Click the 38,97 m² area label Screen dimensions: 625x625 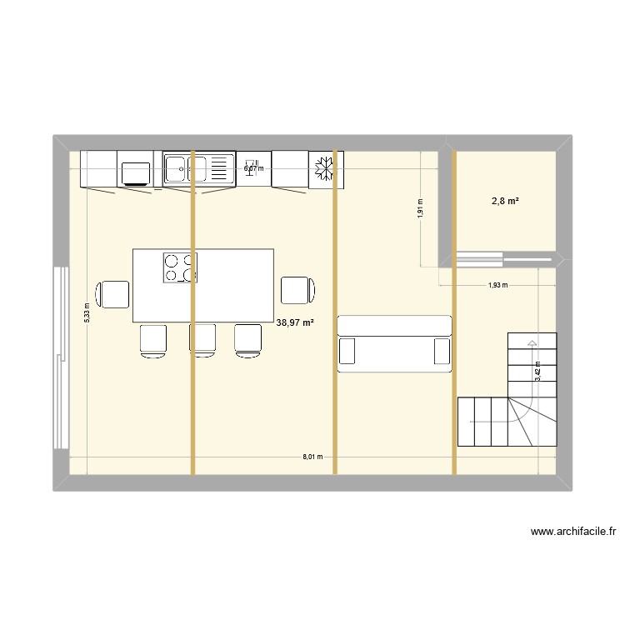pos(295,322)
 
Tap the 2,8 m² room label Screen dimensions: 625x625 pos(507,201)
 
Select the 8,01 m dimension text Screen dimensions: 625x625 pos(312,457)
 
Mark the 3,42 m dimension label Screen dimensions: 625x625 pos(537,371)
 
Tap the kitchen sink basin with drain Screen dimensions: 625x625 pos(177,170)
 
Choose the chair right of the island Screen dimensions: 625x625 pos(298,289)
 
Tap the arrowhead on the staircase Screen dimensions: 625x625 pos(530,342)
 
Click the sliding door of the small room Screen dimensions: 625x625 pos(472,258)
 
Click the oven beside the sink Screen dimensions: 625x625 pos(136,172)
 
